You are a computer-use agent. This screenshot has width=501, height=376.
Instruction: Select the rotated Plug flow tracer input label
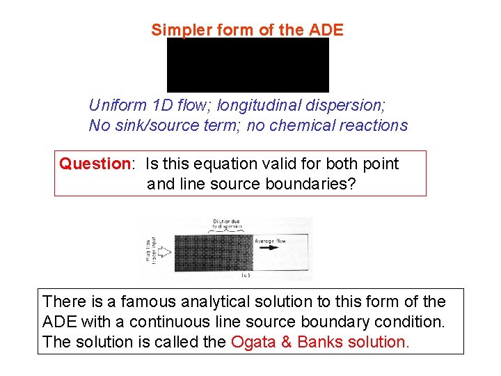coord(148,249)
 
